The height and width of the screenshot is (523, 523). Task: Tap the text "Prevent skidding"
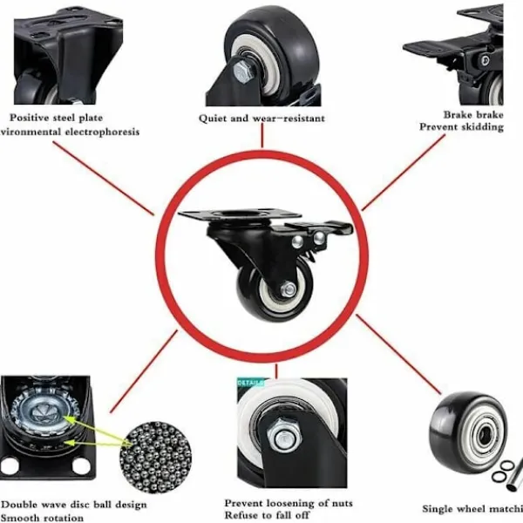click(x=461, y=127)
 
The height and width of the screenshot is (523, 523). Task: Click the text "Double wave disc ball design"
click(x=74, y=504)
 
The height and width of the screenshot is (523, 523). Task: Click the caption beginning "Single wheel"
click(x=472, y=508)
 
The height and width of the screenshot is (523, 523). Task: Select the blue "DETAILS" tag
click(x=250, y=382)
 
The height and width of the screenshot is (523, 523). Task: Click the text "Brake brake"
click(x=472, y=114)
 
